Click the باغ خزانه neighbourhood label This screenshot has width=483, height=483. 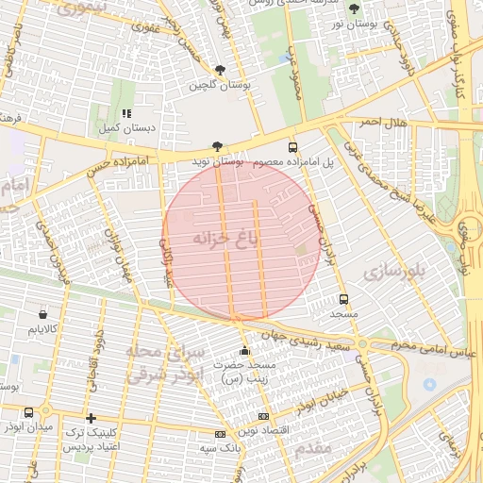[x=225, y=238]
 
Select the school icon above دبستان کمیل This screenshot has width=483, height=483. [x=125, y=113]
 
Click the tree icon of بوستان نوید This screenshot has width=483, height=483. [x=218, y=146]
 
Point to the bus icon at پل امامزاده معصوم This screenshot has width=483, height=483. [x=292, y=147]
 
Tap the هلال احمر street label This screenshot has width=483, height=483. [x=382, y=123]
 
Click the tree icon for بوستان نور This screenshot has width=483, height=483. [x=354, y=8]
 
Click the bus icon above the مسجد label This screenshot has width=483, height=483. [x=343, y=296]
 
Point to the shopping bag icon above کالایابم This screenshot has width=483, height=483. [x=43, y=314]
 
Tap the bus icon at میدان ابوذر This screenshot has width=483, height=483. [x=29, y=412]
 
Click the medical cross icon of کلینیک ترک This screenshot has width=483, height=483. [x=91, y=418]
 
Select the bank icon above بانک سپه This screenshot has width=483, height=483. [x=220, y=434]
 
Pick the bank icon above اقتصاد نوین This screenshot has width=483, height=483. [x=263, y=416]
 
